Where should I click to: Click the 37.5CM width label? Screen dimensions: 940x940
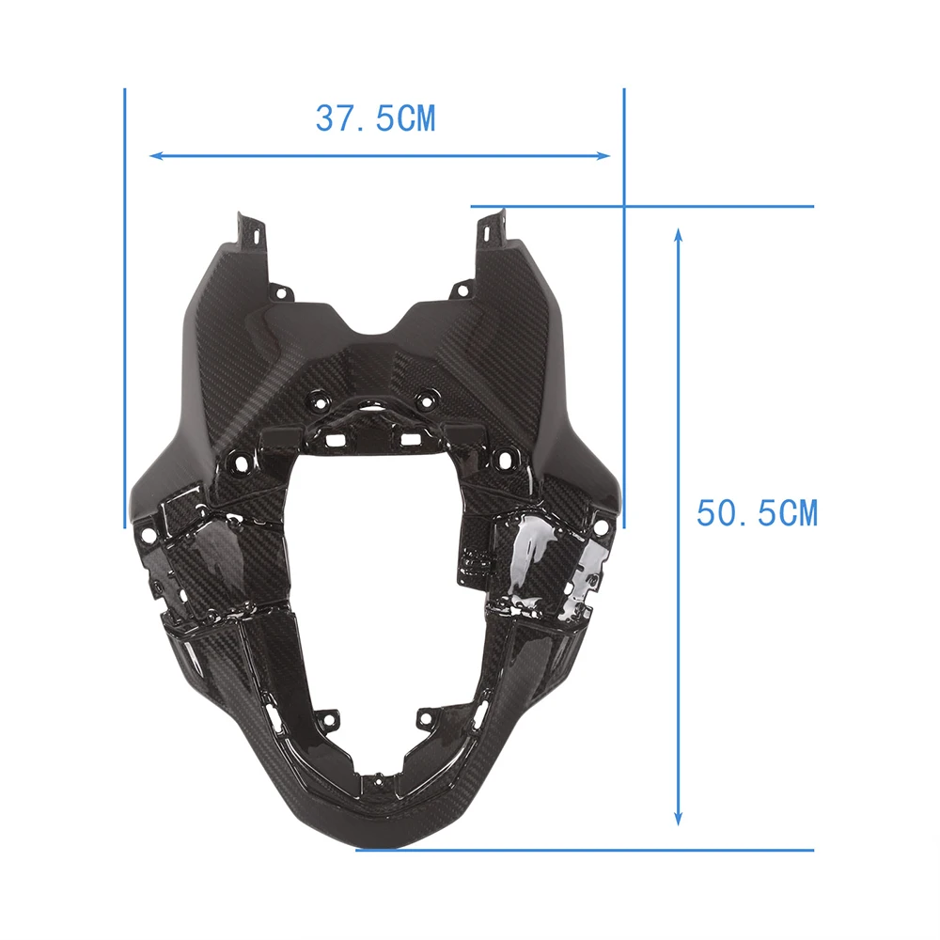376,118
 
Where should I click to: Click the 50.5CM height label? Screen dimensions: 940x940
757,513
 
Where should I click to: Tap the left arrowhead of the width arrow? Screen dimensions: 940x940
156,156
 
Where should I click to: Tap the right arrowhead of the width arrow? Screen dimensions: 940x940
603,156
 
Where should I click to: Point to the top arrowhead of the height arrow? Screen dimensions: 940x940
678,235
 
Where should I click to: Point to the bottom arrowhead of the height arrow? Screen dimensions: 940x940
678,818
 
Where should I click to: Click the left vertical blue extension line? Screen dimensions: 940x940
125,308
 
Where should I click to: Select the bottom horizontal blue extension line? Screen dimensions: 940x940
585,850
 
